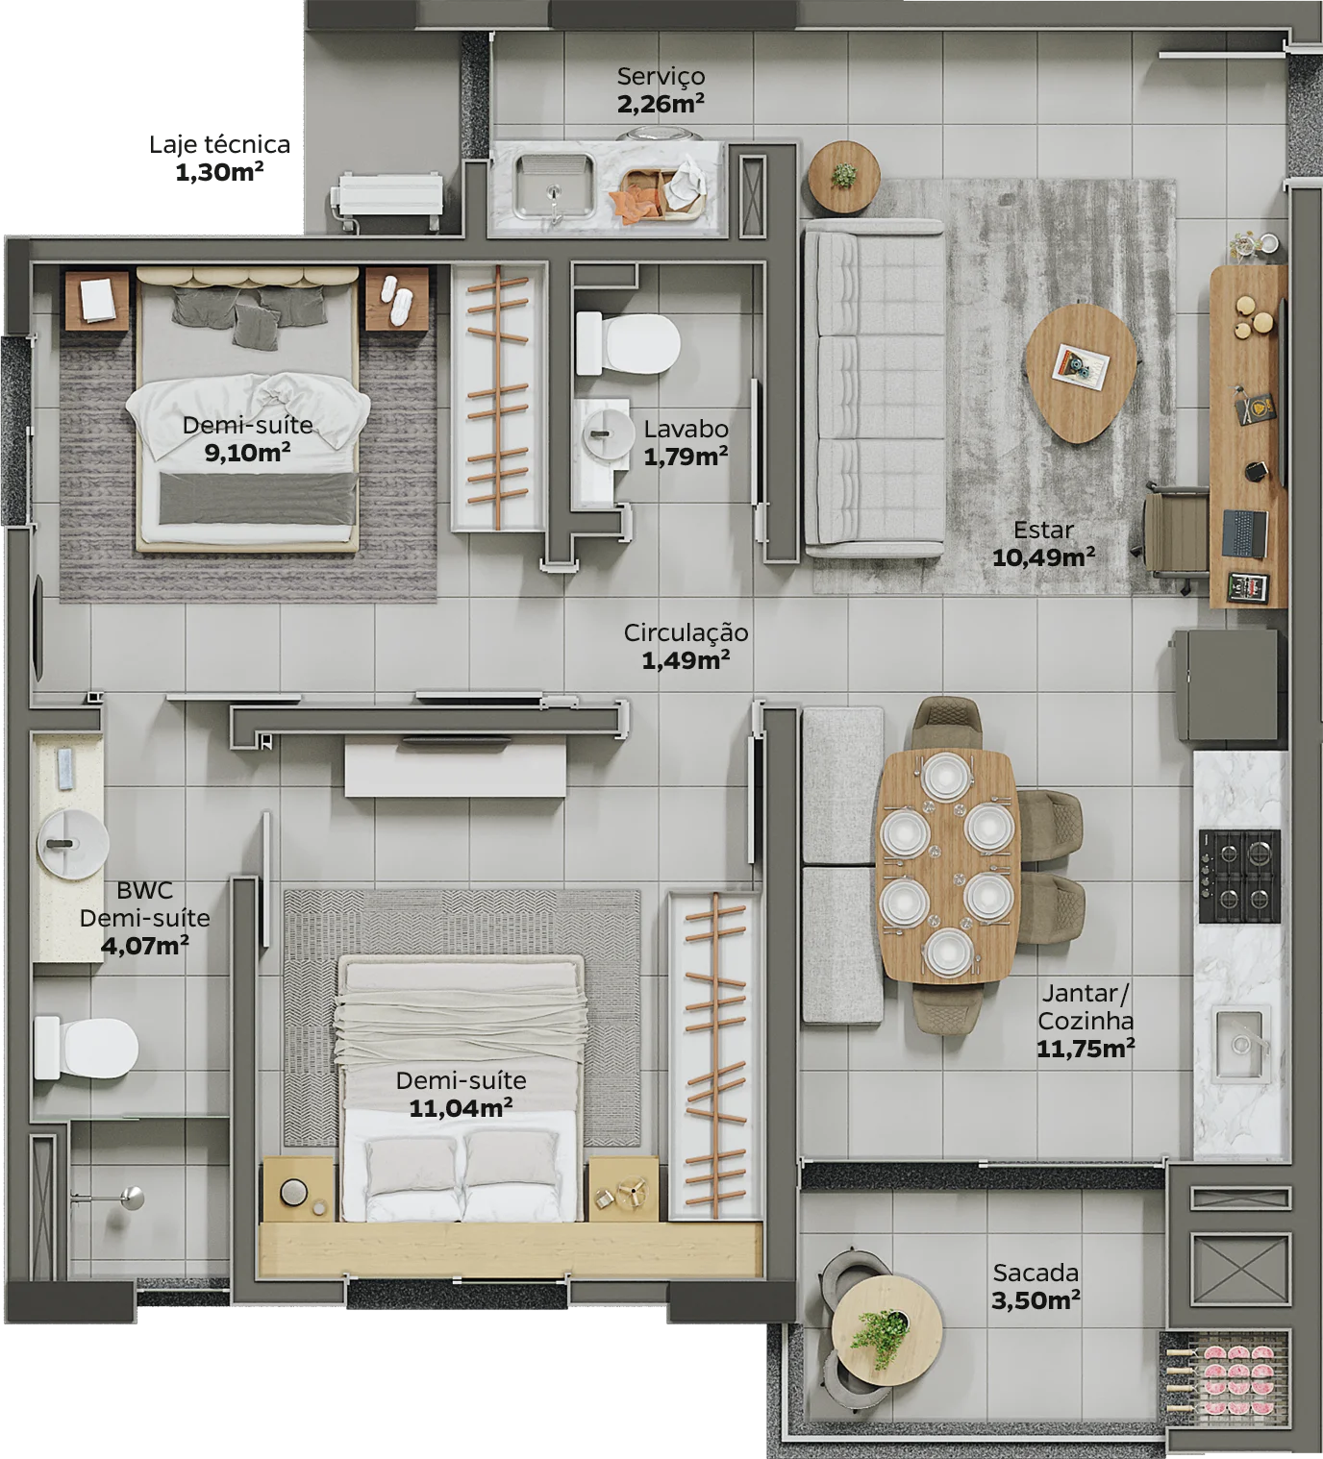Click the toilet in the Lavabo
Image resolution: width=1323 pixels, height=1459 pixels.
coord(627,343)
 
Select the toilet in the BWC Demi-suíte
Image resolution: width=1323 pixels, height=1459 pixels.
coord(86,1048)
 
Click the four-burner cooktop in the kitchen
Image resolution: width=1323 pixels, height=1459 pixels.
coord(1239,877)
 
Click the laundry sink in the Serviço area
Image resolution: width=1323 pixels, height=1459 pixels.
coord(554,185)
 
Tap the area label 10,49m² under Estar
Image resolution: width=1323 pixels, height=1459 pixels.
coord(1043,557)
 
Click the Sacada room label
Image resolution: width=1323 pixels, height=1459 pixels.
coord(1036,1273)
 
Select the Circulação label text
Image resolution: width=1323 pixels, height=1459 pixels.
coord(686,632)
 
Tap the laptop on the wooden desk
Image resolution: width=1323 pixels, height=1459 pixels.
coord(1244,533)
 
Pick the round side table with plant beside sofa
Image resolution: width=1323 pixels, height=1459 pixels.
coord(844,178)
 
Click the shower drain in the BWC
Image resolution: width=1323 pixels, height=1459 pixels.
coord(133,1198)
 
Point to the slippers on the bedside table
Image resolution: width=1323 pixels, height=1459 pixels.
coord(396,298)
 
